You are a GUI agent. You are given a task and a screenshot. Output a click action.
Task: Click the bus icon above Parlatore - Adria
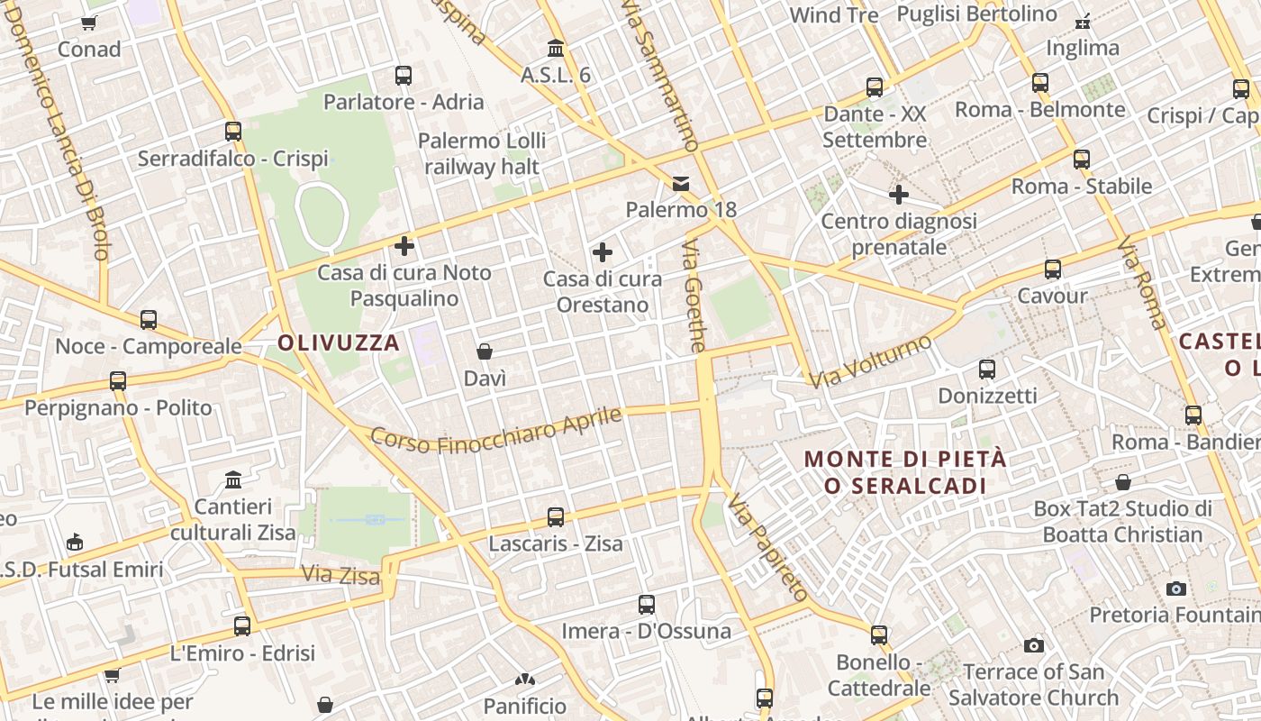pyautogui.click(x=404, y=76)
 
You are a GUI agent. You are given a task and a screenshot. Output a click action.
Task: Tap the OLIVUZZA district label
pyautogui.click(x=339, y=342)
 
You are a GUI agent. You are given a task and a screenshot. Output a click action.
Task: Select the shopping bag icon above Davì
pyautogui.click(x=485, y=351)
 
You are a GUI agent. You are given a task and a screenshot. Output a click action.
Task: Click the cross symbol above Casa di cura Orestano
pyautogui.click(x=603, y=252)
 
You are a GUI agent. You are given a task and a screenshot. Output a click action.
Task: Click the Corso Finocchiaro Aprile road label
pyautogui.click(x=496, y=431)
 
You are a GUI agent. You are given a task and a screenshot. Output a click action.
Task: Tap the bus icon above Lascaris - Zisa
pyautogui.click(x=556, y=517)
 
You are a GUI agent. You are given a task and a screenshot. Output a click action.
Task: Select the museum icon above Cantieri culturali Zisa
pyautogui.click(x=233, y=479)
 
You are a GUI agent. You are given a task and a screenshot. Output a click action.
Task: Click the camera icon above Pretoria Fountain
pyautogui.click(x=1176, y=589)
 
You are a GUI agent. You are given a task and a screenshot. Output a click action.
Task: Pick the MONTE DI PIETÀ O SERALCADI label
pyautogui.click(x=905, y=472)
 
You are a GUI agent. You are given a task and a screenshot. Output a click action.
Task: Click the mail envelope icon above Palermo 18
pyautogui.click(x=681, y=184)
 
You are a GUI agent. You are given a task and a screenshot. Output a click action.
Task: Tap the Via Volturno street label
pyautogui.click(x=870, y=361)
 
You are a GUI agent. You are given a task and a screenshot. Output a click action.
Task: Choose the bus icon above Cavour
pyautogui.click(x=1052, y=269)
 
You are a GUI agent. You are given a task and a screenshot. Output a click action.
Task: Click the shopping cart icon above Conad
pyautogui.click(x=88, y=23)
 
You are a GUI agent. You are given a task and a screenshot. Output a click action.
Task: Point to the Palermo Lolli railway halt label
pyautogui.click(x=482, y=154)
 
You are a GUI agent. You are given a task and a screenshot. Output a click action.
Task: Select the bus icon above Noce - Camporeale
pyautogui.click(x=149, y=320)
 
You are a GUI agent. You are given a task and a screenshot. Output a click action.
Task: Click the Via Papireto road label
pyautogui.click(x=767, y=547)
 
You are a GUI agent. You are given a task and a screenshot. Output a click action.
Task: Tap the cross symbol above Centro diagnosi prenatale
pyautogui.click(x=899, y=195)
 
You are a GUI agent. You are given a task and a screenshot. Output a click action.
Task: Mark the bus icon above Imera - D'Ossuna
pyautogui.click(x=647, y=605)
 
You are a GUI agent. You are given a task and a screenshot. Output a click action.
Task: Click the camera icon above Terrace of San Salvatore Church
pyautogui.click(x=1034, y=645)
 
